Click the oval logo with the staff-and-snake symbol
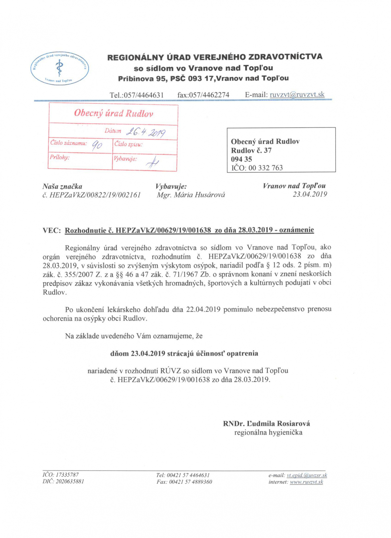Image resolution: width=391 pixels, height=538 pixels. (x=59, y=68)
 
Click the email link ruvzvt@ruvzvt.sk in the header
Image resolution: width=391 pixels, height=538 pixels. (x=297, y=95)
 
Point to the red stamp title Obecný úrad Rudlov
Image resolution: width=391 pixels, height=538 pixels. (x=113, y=113)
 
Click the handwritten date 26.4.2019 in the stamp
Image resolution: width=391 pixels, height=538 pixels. (x=146, y=132)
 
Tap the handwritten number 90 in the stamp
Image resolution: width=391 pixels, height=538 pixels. (x=97, y=145)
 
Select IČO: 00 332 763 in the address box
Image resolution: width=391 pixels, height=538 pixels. (x=257, y=168)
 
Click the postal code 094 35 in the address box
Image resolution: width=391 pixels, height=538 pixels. (x=241, y=159)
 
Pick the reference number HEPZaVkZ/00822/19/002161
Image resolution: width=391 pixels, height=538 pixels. (x=95, y=195)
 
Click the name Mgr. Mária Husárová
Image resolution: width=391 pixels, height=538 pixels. (x=191, y=195)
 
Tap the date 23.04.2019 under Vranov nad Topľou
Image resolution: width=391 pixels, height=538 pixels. (x=310, y=194)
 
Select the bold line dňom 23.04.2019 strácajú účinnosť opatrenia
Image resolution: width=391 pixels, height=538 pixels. (x=184, y=354)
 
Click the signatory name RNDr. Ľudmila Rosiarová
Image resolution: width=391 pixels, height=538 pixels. (x=266, y=423)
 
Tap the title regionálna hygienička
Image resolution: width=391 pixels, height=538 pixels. (x=268, y=432)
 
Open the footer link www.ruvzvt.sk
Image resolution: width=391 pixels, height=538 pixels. (x=306, y=482)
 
